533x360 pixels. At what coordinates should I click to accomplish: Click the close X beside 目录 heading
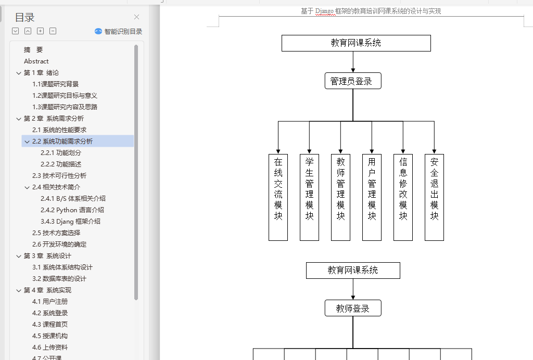136,17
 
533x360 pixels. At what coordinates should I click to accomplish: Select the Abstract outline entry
36,61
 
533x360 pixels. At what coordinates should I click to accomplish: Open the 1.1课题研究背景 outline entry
56,84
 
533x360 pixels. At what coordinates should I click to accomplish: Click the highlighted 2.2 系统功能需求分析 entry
62,142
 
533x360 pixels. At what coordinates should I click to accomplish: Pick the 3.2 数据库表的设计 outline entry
59,279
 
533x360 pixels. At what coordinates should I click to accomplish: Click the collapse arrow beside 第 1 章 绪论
19,73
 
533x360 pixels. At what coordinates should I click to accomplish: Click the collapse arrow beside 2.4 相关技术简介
27,187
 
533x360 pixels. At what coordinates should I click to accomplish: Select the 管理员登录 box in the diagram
353,81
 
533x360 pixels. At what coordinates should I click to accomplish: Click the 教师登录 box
353,308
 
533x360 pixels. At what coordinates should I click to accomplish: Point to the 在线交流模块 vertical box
278,197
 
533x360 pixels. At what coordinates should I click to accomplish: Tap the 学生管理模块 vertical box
309,197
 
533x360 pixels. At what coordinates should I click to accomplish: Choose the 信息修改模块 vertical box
403,197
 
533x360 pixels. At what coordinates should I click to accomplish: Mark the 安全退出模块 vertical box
434,197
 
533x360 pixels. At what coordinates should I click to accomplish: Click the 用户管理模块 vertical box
372,197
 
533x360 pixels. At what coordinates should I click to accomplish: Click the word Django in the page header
324,11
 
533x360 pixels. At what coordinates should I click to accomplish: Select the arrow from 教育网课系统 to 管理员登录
353,62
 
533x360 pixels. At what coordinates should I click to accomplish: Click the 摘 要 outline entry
33,50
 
